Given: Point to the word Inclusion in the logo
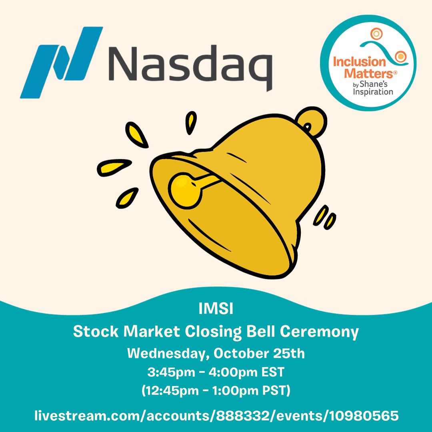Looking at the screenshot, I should point(357,62).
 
